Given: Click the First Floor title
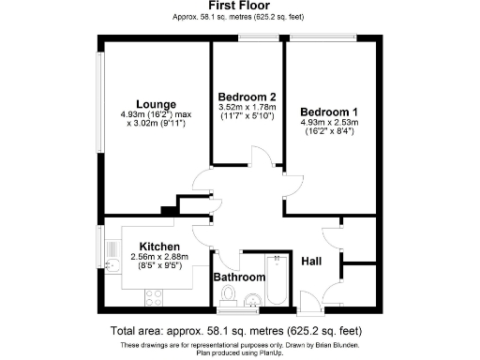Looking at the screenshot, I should (240, 6).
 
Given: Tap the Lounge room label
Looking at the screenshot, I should (151, 104).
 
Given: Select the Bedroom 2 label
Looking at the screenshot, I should (247, 97).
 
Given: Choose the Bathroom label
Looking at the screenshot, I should (238, 277).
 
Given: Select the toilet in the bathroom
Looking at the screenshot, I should (228, 297).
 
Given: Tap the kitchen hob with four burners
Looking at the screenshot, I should (155, 297).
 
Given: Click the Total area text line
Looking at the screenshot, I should (240, 331).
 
